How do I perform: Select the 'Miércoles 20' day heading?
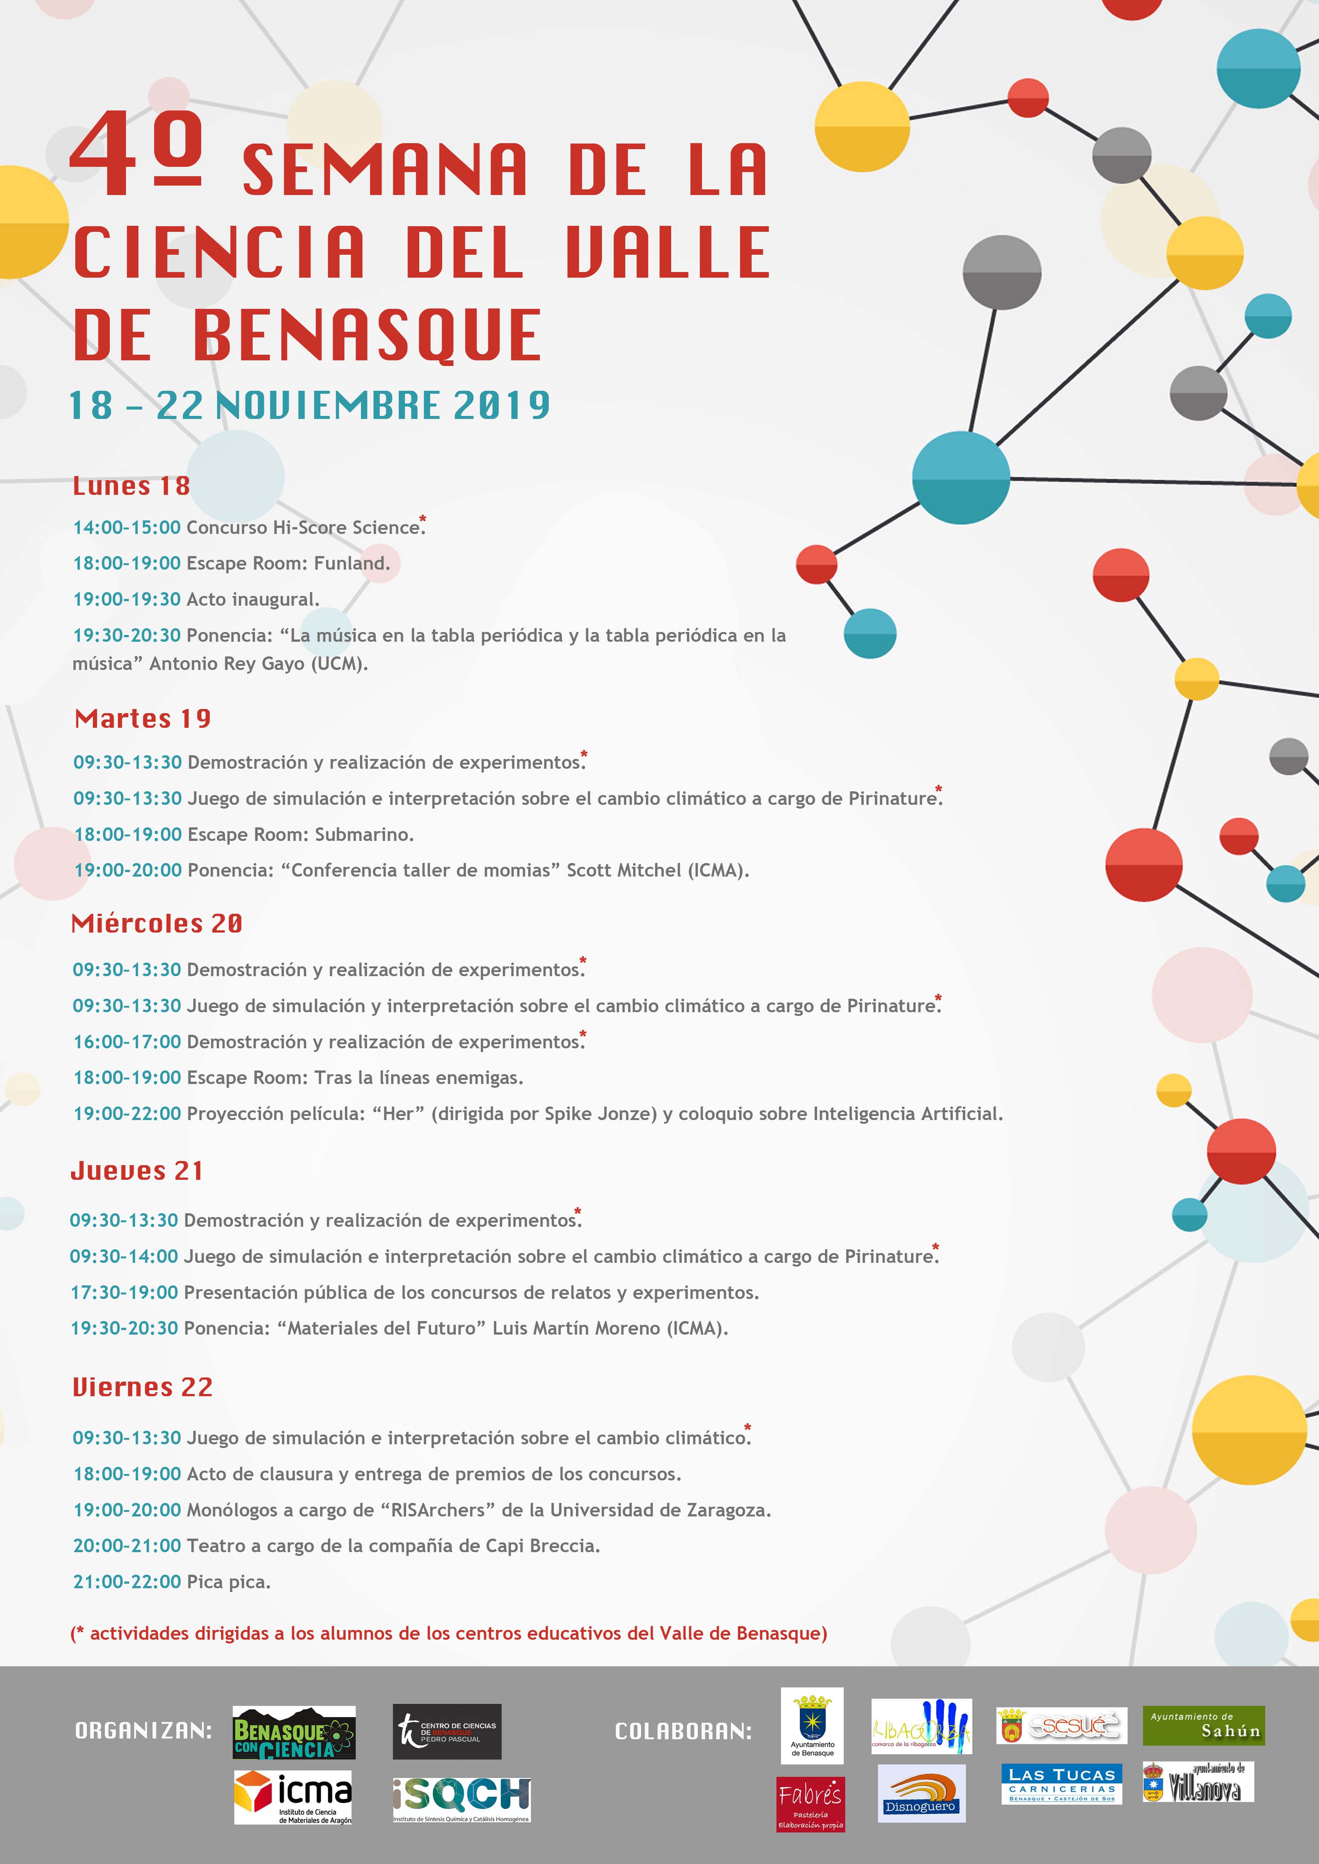[x=157, y=923]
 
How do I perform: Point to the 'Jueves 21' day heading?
[x=136, y=1171]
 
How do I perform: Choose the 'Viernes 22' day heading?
[x=142, y=1386]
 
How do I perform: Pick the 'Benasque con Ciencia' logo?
[x=294, y=1732]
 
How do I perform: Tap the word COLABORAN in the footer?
[x=683, y=1732]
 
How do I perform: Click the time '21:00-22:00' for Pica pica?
[x=127, y=1581]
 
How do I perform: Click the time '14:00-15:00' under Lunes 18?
[x=127, y=528]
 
